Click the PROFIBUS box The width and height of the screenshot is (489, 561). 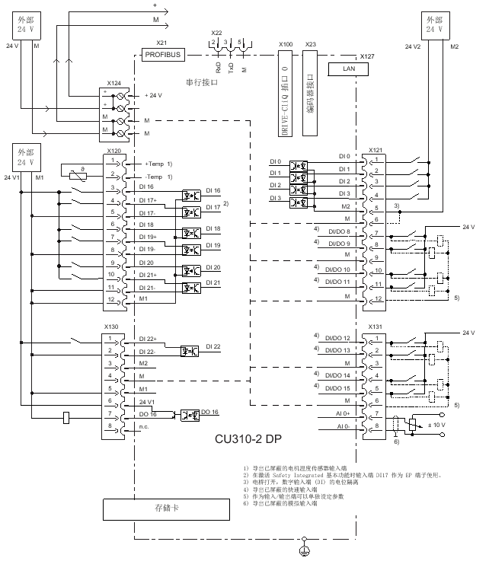(164, 55)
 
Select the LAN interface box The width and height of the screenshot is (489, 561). (347, 69)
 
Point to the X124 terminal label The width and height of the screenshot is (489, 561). (114, 82)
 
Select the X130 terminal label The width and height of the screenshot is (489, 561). (111, 326)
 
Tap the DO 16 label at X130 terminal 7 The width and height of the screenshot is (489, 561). (147, 414)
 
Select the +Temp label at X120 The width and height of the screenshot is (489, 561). (155, 164)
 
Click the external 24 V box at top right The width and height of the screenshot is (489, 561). (433, 24)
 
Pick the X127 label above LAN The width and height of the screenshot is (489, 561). (366, 56)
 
